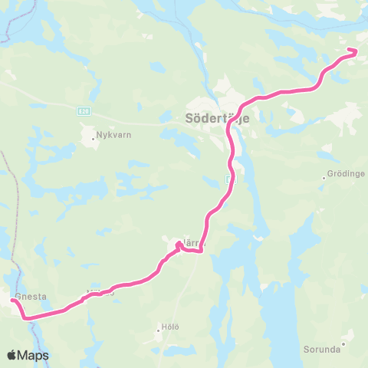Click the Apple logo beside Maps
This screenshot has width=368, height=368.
(13, 355)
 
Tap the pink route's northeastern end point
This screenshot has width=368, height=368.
(355, 51)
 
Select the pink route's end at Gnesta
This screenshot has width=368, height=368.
(12, 301)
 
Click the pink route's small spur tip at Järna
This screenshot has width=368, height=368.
(178, 243)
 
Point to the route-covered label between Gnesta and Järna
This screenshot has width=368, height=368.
(100, 293)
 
